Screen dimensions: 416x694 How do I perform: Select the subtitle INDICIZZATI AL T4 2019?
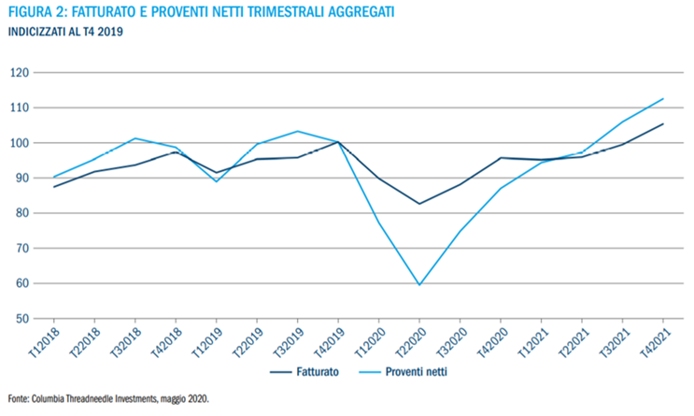tap(65, 32)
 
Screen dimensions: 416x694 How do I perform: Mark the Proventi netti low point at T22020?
tap(419, 284)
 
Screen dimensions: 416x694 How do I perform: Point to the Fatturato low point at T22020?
tap(419, 204)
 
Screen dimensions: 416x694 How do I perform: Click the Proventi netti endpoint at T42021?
tap(662, 99)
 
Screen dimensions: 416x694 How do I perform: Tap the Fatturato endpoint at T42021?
tap(662, 124)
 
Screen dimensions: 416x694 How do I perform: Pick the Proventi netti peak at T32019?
tap(298, 131)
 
